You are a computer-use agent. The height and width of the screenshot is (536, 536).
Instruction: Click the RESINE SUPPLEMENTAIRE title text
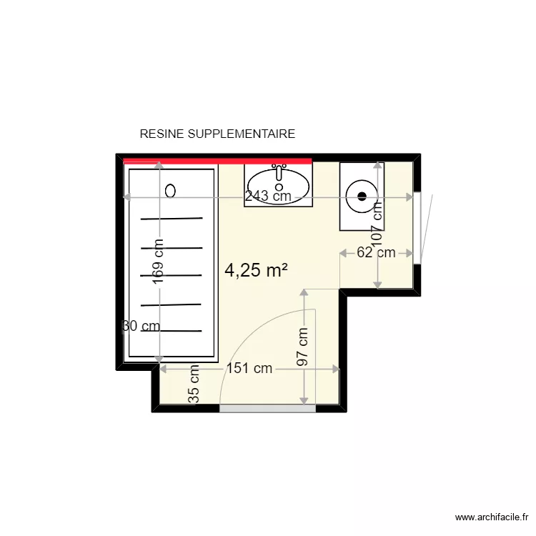pyautogui.click(x=217, y=134)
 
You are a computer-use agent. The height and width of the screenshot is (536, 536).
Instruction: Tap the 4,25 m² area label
pyautogui.click(x=256, y=270)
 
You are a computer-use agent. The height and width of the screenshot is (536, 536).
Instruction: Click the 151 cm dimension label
pyautogui.click(x=249, y=369)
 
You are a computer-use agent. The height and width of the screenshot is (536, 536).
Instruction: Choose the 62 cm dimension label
pyautogui.click(x=376, y=252)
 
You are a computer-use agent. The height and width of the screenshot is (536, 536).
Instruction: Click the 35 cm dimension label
pyautogui.click(x=193, y=386)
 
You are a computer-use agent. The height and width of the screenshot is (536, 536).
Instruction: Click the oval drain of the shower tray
pyautogui.click(x=170, y=190)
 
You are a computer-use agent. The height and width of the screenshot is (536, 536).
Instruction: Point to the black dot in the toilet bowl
pyautogui.click(x=362, y=195)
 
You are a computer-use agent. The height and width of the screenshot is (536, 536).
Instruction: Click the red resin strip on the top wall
pyautogui.click(x=217, y=161)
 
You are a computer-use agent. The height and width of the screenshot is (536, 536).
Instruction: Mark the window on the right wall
pyautogui.click(x=417, y=228)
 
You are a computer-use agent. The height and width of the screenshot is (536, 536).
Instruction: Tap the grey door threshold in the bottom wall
pyautogui.click(x=267, y=408)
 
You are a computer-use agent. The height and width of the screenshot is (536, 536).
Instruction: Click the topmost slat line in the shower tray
pyautogui.click(x=172, y=219)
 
